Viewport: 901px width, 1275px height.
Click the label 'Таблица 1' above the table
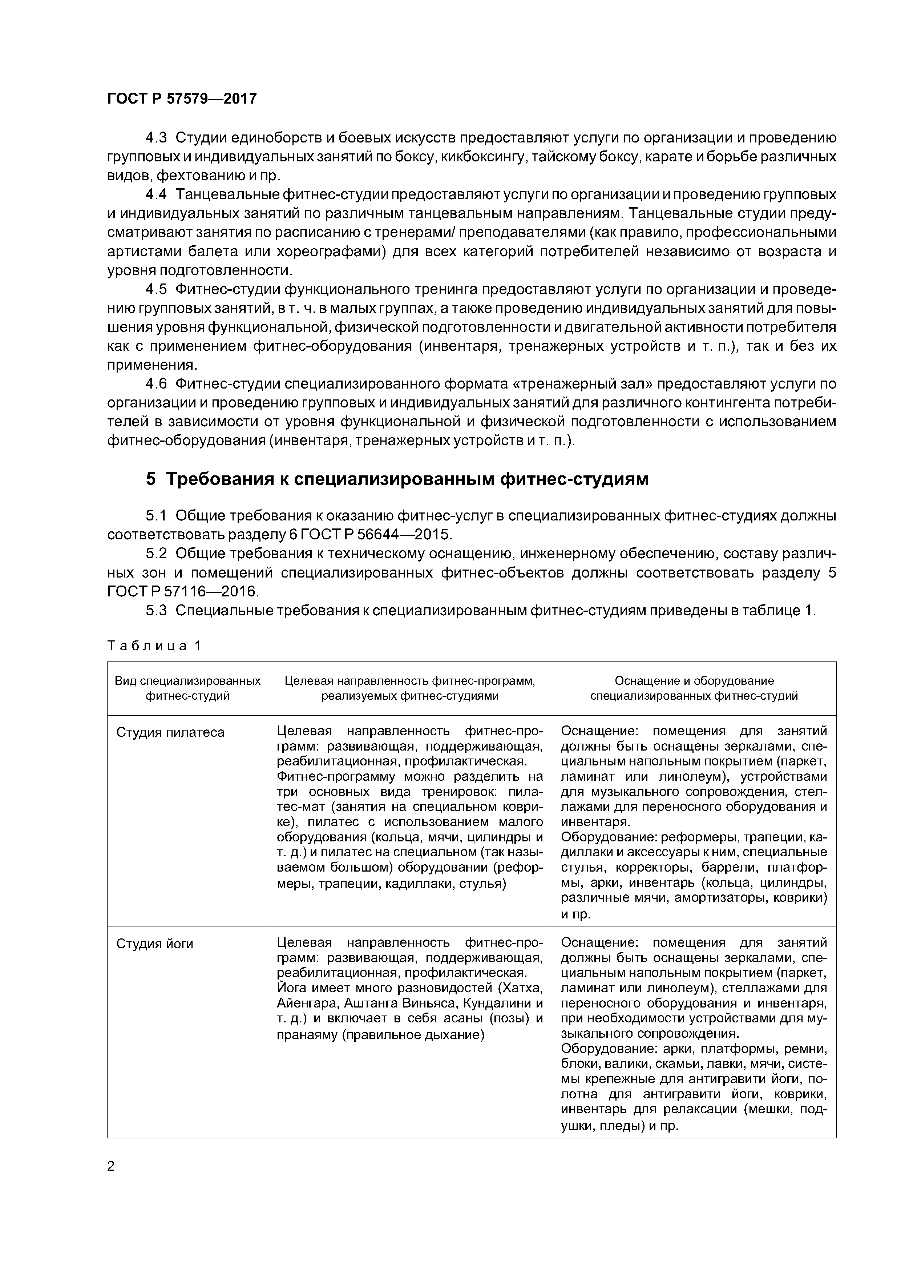154,646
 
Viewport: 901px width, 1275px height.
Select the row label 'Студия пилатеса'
170,732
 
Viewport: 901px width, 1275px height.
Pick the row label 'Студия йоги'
154,944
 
